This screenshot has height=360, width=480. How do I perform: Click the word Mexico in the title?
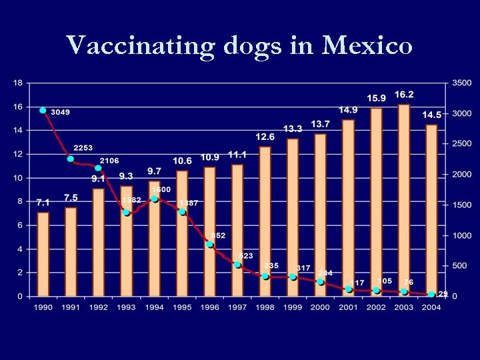click(x=367, y=45)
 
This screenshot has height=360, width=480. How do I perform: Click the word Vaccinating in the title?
click(x=141, y=47)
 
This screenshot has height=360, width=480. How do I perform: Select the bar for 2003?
click(x=404, y=200)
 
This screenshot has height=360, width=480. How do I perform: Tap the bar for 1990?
click(x=43, y=253)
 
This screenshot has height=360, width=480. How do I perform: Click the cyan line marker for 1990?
click(x=43, y=111)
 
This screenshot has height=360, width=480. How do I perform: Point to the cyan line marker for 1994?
click(x=154, y=199)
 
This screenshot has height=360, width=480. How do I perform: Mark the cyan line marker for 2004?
click(x=431, y=294)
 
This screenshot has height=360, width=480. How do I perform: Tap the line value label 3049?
click(x=61, y=112)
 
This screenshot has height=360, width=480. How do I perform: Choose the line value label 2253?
click(x=83, y=148)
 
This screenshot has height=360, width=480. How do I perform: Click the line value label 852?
click(x=218, y=235)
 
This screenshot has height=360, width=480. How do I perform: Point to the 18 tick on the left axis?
click(x=18, y=83)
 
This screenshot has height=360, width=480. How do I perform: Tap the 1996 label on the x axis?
click(x=209, y=307)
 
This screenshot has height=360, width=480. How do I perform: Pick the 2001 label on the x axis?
click(x=348, y=307)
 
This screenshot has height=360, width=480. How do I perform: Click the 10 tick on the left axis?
click(x=18, y=178)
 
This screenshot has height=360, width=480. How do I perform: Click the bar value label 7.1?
click(x=43, y=202)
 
